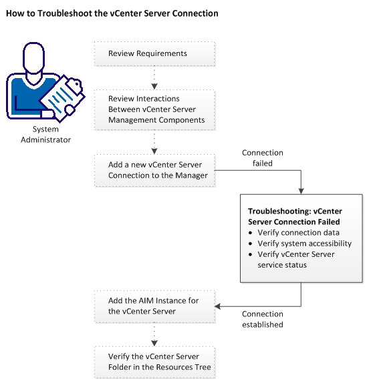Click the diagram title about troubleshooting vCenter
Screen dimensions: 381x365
[111, 13]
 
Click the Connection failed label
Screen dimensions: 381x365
[262, 157]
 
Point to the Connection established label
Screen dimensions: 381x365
[262, 319]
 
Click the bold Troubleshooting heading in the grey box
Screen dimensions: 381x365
[294, 216]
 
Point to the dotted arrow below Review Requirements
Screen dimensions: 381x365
[154, 76]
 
